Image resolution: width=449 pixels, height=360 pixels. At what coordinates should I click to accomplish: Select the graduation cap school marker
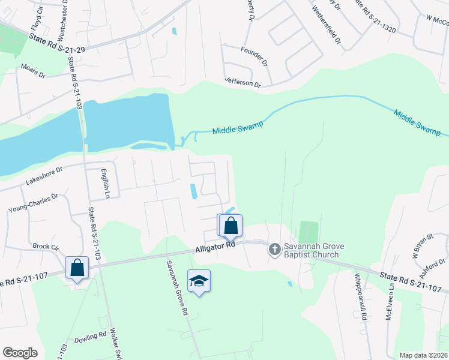[199, 281]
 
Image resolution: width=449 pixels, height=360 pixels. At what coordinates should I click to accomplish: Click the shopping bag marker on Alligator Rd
[231, 226]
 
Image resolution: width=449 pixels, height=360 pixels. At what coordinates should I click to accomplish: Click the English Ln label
[106, 182]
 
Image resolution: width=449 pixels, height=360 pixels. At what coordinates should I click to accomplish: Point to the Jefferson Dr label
[243, 82]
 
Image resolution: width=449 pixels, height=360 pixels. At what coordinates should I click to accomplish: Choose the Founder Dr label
[253, 55]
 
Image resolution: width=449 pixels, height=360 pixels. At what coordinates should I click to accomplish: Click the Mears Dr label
[33, 71]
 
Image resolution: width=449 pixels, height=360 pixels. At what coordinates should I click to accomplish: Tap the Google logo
[20, 353]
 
